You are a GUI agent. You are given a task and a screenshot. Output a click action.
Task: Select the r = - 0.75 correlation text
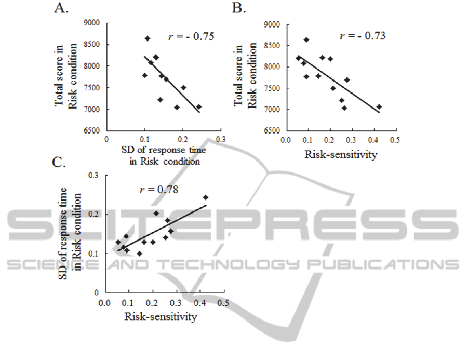click(x=191, y=36)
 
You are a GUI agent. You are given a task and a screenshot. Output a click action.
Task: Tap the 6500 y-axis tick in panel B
click(x=272, y=130)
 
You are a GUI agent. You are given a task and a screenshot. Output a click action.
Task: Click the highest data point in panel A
click(x=147, y=38)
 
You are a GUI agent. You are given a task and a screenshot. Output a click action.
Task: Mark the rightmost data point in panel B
click(x=379, y=106)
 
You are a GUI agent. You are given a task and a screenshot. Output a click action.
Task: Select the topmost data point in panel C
click(x=205, y=197)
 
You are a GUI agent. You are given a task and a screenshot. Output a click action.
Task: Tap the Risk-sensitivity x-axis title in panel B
click(x=340, y=154)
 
